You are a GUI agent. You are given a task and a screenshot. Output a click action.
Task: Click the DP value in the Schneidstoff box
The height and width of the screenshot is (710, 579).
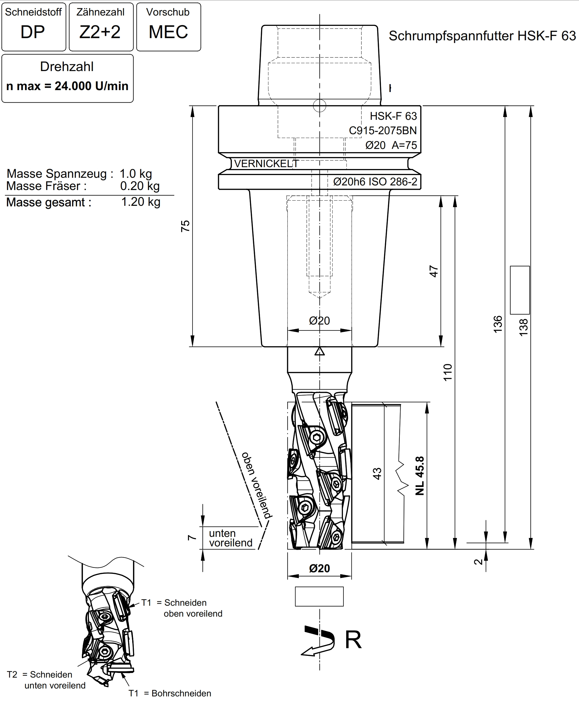point(33,32)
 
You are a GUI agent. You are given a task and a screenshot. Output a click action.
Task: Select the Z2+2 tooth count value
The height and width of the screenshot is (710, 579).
point(100,32)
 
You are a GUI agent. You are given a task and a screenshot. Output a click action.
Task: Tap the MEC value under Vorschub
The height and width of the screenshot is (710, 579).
point(168,32)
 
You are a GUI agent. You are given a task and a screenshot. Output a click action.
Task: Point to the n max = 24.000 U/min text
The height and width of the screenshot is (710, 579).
point(67,86)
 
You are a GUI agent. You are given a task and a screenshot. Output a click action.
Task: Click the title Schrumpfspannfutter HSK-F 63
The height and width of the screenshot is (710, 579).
point(482,36)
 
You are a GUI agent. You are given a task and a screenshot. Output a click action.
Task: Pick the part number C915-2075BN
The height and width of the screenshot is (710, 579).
point(383,130)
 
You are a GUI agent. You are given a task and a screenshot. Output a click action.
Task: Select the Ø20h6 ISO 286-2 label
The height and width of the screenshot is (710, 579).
point(375,182)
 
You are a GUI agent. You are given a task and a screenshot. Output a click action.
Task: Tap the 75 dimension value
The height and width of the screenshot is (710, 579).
point(185,226)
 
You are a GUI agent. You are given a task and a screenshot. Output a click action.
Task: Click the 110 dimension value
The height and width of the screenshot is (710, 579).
point(448,372)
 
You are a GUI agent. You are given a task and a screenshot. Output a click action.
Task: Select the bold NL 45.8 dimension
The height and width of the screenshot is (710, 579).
point(420,476)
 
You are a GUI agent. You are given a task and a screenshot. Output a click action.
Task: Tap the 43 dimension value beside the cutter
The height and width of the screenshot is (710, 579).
point(377,474)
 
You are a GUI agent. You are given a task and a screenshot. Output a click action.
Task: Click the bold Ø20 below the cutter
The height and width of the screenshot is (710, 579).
point(319,568)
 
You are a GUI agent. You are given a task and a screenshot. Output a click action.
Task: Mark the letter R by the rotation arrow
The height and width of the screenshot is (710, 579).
point(353,640)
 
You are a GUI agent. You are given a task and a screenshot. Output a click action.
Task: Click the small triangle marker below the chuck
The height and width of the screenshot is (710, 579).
point(320,351)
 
